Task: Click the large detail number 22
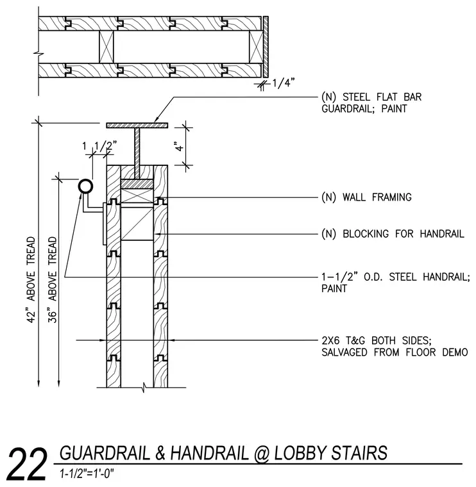[27, 464]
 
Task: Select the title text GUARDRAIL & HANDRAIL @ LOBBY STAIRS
[223, 453]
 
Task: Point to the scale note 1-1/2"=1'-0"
[87, 474]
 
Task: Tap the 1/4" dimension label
[284, 83]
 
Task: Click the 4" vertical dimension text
[180, 146]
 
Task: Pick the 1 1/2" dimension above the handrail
[99, 145]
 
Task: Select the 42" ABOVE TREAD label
[31, 279]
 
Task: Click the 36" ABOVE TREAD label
[52, 279]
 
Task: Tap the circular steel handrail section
[85, 186]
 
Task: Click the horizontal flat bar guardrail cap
[137, 126]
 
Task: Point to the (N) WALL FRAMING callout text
[366, 197]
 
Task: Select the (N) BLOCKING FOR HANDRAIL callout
[393, 234]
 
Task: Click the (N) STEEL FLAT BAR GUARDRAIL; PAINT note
[371, 103]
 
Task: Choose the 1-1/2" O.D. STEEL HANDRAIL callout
[395, 283]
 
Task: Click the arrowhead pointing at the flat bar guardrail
[157, 120]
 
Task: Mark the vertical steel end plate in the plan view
[266, 47]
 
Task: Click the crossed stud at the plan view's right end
[255, 47]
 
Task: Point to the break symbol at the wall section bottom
[144, 387]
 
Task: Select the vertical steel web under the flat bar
[137, 153]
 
